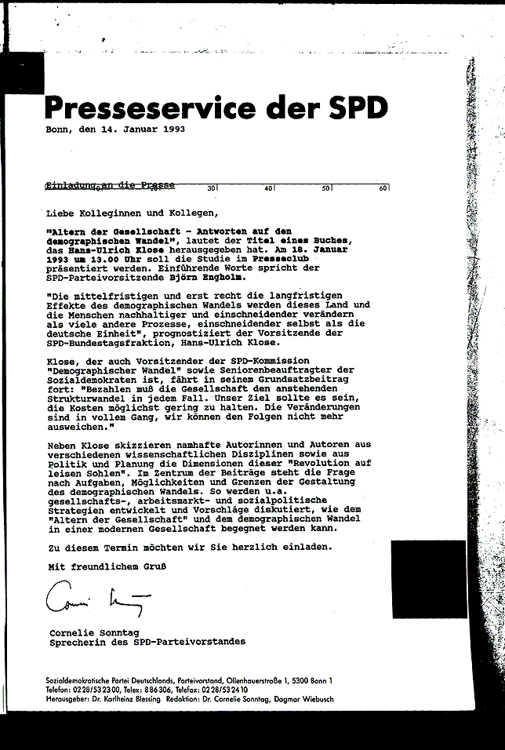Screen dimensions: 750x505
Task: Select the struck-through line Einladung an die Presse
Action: pos(111,186)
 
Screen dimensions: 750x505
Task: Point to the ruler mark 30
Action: pos(212,188)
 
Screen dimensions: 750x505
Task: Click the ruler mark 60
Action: pos(383,188)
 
